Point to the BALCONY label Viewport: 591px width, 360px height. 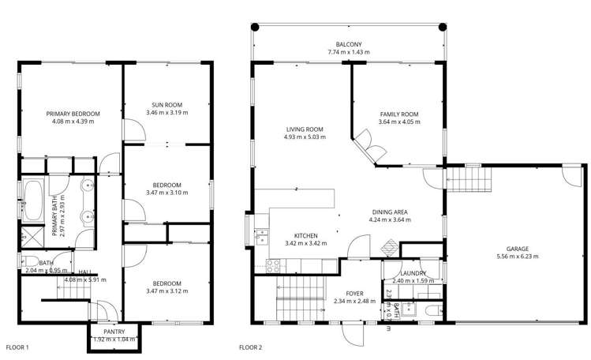pos(348,44)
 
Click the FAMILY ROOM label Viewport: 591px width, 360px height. pos(398,114)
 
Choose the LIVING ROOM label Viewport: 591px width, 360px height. pos(304,130)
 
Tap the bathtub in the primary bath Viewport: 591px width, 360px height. pos(32,202)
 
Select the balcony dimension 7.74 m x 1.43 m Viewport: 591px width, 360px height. pos(348,53)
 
